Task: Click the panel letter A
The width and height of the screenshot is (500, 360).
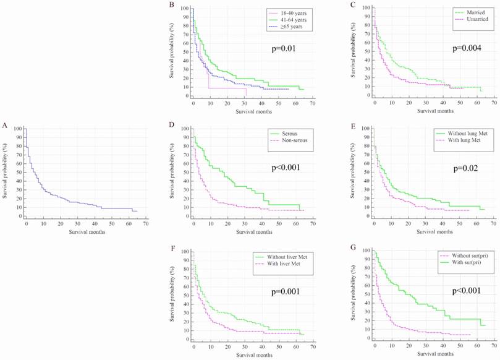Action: click(5, 126)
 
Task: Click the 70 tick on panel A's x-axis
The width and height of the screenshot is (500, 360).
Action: click(145, 223)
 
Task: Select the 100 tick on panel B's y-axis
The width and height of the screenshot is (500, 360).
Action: click(185, 9)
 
